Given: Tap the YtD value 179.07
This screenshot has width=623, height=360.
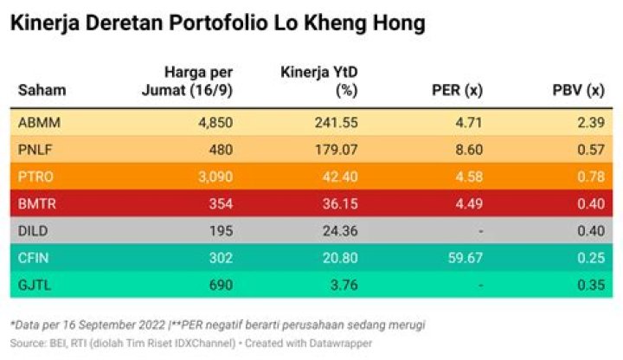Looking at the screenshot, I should coord(337,149).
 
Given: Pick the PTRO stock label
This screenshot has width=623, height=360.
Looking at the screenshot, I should coord(35,177).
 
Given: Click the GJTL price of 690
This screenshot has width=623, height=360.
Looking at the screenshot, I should coord(221,285).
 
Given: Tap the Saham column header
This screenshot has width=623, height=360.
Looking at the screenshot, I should coord(42,90).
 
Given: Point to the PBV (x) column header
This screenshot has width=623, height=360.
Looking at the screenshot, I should coord(578,90).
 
